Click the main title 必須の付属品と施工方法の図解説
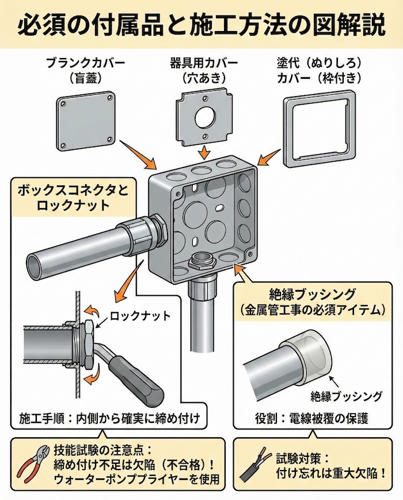click(201, 26)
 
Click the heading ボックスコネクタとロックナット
click(71, 197)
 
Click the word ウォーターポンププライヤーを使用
click(134, 480)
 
